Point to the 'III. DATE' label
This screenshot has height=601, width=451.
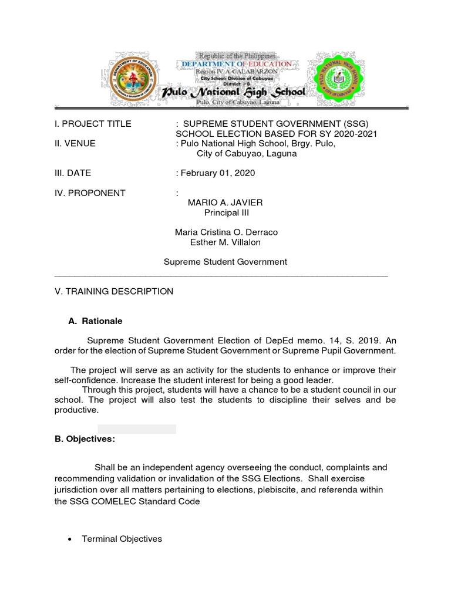click(x=73, y=173)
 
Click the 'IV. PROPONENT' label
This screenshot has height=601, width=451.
click(x=89, y=193)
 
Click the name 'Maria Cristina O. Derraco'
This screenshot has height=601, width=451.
click(x=226, y=232)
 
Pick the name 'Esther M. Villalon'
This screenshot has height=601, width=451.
click(x=225, y=242)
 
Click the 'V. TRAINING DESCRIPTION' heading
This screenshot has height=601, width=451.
click(x=114, y=291)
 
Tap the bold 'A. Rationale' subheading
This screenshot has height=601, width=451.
click(x=95, y=321)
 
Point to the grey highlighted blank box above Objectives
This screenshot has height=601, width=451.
click(x=136, y=429)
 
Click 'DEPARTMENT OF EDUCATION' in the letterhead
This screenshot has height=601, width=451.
click(x=236, y=63)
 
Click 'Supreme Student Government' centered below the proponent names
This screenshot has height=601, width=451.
click(x=225, y=262)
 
